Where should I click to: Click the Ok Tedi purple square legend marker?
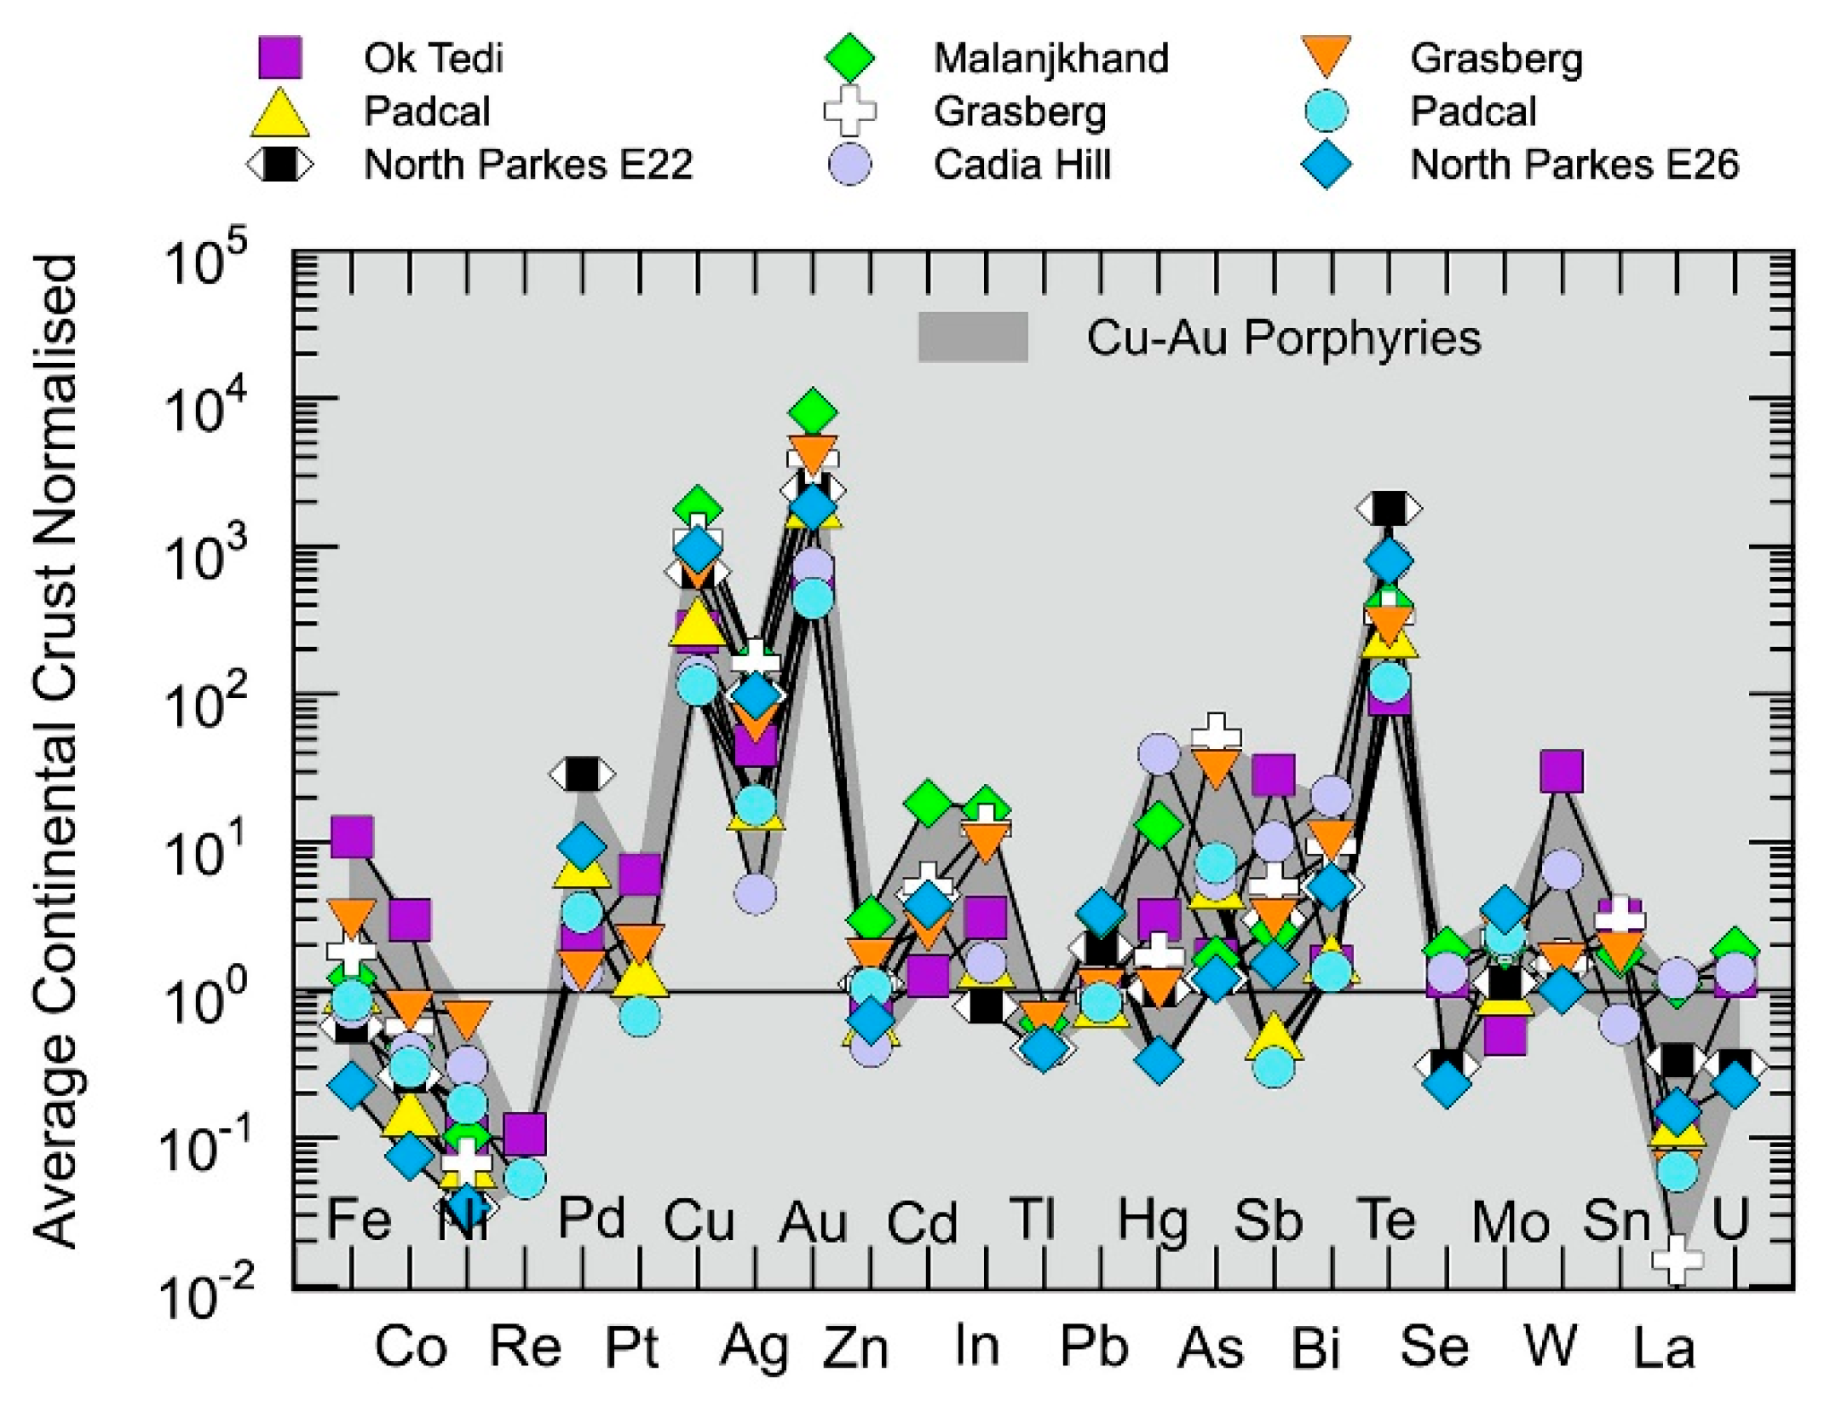[279, 58]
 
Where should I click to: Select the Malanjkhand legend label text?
[1050, 59]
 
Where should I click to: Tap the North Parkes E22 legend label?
[528, 164]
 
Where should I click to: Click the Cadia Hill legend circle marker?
[849, 164]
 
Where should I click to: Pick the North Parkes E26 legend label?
[1574, 164]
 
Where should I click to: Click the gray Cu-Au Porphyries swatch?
[972, 337]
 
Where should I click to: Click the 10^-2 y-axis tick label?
[205, 1295]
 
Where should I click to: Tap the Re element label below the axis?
[525, 1347]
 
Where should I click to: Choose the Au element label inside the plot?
[813, 1222]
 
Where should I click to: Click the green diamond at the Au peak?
[813, 412]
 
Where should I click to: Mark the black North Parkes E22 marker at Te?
[1389, 509]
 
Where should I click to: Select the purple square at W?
[1562, 771]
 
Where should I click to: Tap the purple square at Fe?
[352, 836]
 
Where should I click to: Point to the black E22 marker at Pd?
[582, 775]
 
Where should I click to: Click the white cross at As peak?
[1216, 731]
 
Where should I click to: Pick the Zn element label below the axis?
[855, 1347]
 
